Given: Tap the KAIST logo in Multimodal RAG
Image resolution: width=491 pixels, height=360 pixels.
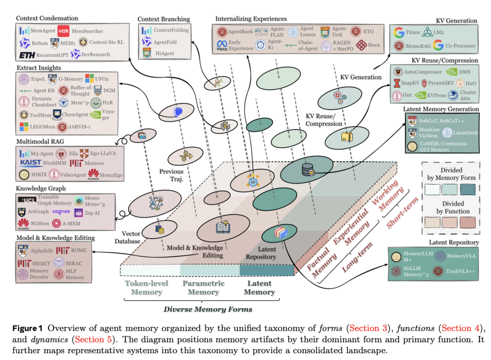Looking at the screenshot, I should pos(31,162).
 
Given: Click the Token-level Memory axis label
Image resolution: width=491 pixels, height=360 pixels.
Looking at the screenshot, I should pos(146,287).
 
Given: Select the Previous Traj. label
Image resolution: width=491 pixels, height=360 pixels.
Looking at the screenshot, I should pos(171,175).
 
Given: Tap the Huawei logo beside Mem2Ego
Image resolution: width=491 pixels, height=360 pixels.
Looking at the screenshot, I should pos(93,173).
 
